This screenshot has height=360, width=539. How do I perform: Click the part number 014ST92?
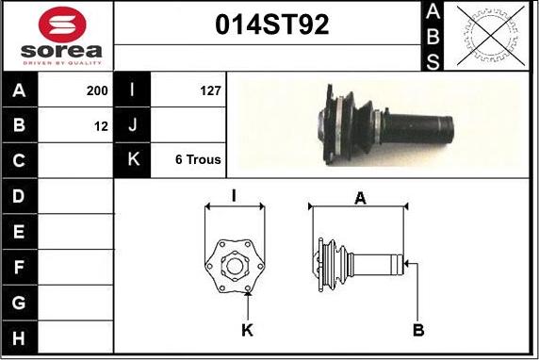tap(272, 25)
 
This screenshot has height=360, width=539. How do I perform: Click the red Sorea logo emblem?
tap(62, 25)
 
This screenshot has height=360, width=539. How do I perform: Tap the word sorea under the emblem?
tap(61, 51)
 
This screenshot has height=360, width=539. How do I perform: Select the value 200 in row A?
tap(97, 90)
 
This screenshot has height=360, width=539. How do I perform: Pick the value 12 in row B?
tap(101, 126)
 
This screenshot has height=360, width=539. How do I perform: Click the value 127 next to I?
tap(210, 90)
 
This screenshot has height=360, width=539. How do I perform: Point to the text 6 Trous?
tap(198, 159)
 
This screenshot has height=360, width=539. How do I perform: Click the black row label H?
tap(19, 338)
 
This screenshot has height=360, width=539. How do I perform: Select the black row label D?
tap(19, 196)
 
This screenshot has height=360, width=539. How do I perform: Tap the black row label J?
tap(132, 124)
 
